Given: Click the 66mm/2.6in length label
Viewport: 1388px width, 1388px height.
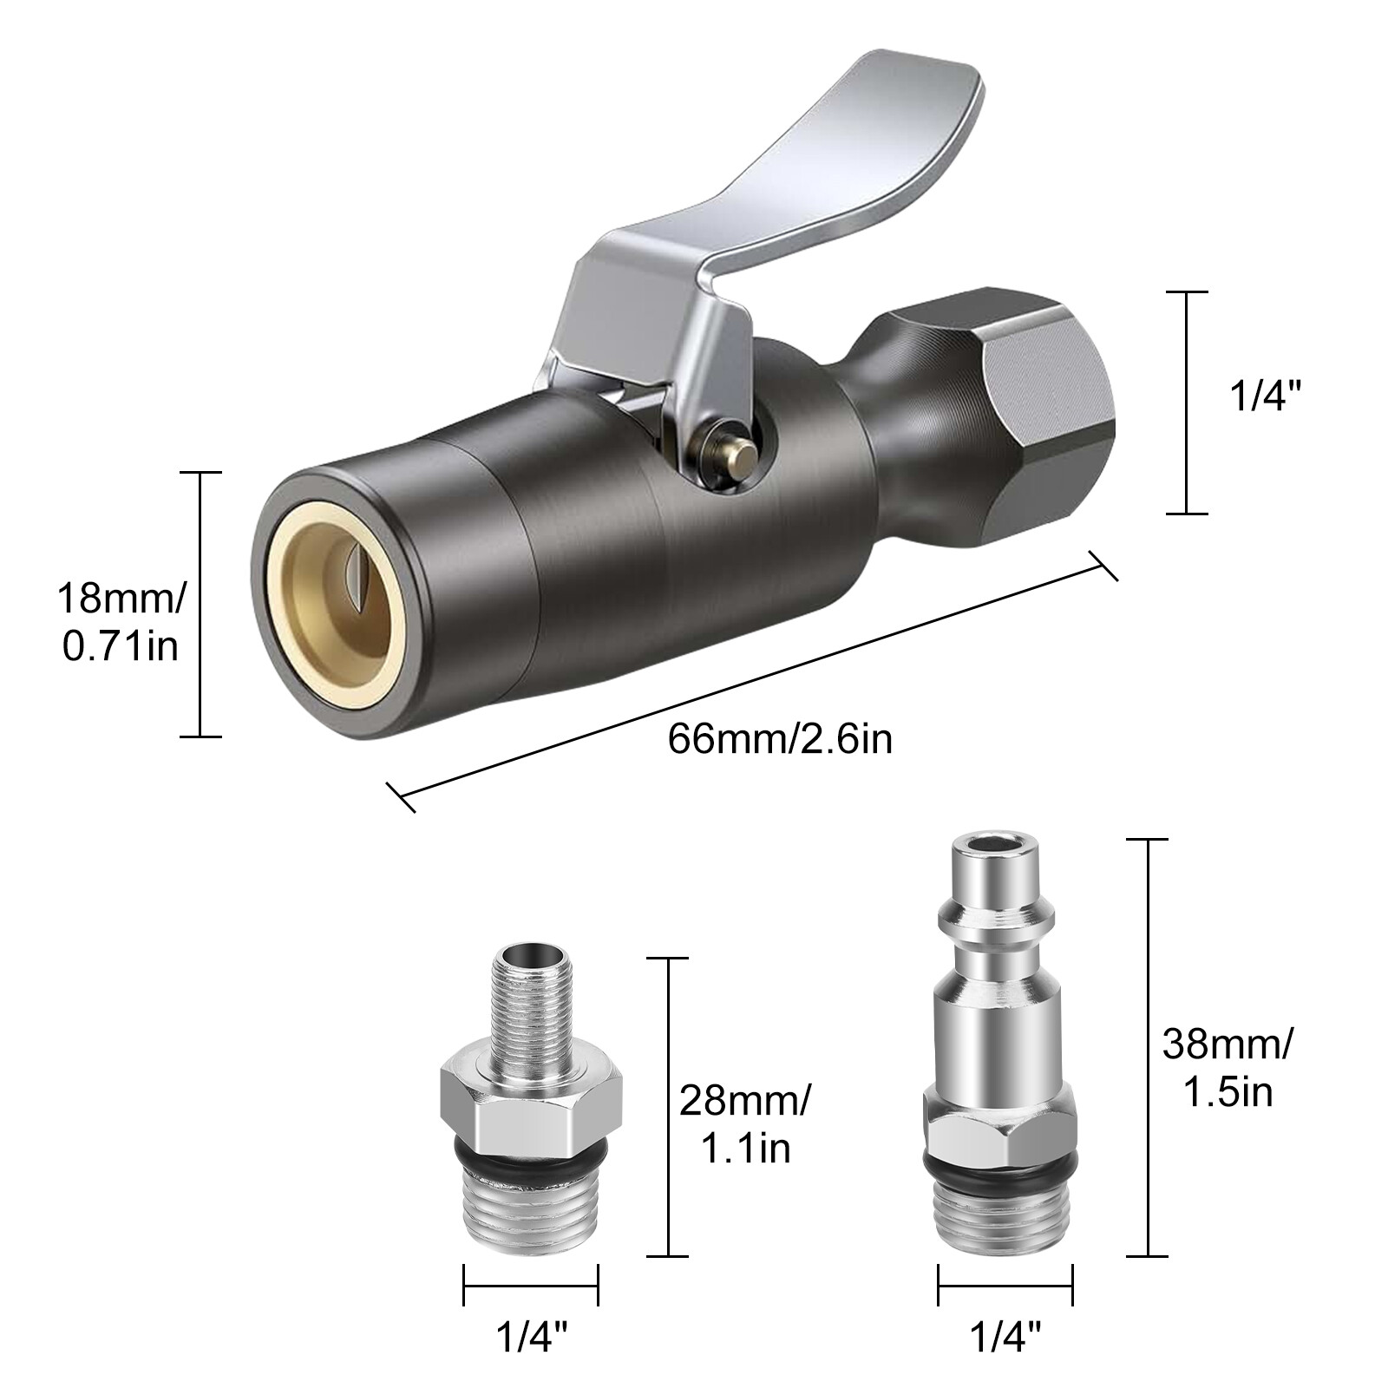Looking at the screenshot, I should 780,740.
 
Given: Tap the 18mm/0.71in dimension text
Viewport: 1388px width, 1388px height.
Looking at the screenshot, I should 121,622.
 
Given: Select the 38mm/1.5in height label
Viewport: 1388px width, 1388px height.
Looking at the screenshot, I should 1228,1067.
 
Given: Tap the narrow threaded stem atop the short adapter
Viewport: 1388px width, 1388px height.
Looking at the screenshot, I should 530,1006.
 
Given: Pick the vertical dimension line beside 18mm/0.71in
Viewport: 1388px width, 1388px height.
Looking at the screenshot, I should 200,605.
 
